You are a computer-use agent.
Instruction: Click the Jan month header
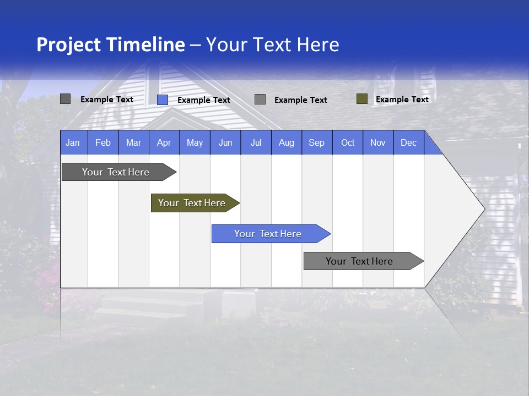click(x=73, y=142)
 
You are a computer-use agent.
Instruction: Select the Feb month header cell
click(x=103, y=142)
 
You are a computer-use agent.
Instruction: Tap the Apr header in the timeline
click(x=164, y=142)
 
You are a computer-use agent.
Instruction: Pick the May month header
click(x=195, y=142)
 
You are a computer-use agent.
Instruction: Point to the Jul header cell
click(x=256, y=142)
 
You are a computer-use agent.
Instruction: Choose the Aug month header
click(x=287, y=142)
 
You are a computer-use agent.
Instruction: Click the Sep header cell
click(x=317, y=142)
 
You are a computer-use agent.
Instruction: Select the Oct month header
click(x=348, y=142)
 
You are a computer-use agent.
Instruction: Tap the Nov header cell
click(x=378, y=142)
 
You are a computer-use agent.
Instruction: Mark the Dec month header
click(x=408, y=142)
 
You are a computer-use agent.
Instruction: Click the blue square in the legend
click(x=163, y=100)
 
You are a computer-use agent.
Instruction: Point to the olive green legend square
click(x=362, y=99)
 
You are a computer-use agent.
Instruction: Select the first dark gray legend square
click(x=66, y=99)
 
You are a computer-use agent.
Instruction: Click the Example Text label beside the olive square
click(x=402, y=100)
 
